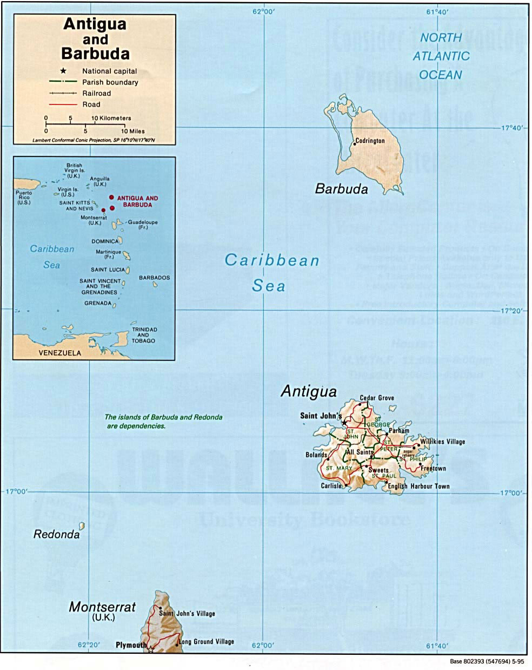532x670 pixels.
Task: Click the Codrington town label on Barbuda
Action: tap(370, 141)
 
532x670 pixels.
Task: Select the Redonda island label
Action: tap(56, 535)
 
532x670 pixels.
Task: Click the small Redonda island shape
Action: tap(82, 526)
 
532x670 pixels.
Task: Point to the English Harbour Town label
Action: tap(419, 486)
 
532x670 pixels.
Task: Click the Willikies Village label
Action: tap(442, 442)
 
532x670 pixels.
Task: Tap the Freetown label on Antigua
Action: tap(433, 468)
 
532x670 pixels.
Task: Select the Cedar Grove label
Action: tap(377, 398)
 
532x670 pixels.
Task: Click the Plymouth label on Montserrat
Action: tap(131, 645)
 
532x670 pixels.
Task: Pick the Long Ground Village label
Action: tap(207, 642)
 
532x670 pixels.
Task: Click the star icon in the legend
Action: tap(63, 71)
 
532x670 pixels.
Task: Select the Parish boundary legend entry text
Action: tap(110, 82)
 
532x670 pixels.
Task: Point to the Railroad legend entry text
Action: tap(96, 93)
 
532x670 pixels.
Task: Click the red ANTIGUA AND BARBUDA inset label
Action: tap(137, 201)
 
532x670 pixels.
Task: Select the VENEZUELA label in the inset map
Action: tap(59, 353)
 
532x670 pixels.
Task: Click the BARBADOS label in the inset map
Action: tap(154, 278)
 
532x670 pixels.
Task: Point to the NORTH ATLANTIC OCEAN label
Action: tap(441, 56)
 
